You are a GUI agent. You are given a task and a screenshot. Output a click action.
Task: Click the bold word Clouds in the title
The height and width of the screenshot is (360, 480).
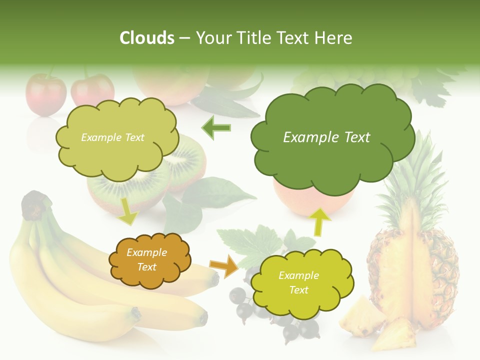click(x=147, y=38)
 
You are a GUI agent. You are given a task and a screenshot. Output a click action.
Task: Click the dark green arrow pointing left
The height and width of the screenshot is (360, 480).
click(x=216, y=128)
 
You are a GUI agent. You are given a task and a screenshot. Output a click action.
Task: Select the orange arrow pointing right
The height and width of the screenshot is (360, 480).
click(x=224, y=265)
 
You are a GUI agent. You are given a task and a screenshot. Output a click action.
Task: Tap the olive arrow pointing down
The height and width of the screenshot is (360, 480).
click(x=128, y=211)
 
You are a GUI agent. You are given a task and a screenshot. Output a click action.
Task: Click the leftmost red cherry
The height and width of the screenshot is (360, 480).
click(x=45, y=95)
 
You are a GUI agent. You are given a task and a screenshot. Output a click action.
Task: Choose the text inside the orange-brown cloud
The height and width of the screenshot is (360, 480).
click(x=147, y=260)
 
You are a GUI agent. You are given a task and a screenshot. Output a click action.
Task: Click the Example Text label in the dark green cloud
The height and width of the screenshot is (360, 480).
click(x=326, y=137)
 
